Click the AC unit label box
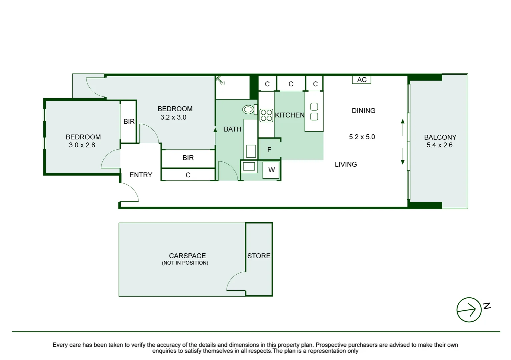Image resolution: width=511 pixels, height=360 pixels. coord(362,80)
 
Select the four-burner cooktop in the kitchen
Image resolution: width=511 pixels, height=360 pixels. coord(266,115)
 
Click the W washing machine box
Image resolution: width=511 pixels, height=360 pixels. coord(271,170)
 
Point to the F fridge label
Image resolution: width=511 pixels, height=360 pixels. coord(269,150)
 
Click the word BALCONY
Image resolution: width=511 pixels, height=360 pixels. coord(440,137)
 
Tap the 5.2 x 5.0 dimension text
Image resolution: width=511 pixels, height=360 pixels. coord(362,137)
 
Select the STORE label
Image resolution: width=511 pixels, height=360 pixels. coord(259,256)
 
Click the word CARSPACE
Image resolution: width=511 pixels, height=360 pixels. coord(187,256)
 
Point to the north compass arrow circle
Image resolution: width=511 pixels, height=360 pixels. coord(469,310)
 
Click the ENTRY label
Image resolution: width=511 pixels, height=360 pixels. coord(141,175)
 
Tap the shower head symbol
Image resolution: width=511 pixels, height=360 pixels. coord(220,80)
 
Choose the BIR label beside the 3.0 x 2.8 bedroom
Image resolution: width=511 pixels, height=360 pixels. coord(129,122)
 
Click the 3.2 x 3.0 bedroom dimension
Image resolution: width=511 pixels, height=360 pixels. coord(173,117)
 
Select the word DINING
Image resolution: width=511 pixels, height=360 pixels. coord(363,111)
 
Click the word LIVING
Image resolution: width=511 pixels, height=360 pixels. coord(346,164)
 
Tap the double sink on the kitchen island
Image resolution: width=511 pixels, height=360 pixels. coord(314,112)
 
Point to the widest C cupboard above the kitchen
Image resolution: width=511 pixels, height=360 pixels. coord(291,84)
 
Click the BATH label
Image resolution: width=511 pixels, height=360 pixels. coord(232,129)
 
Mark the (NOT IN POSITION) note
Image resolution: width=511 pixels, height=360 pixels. coord(185,263)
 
